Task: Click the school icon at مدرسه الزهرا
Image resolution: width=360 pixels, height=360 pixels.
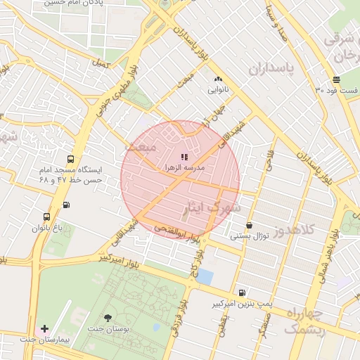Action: (x=184, y=157)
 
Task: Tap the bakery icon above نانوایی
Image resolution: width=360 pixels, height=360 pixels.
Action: (x=218, y=79)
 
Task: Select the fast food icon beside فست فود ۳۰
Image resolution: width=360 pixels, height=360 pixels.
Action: (x=336, y=79)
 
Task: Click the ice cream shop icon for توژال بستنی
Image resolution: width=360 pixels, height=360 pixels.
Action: (x=250, y=226)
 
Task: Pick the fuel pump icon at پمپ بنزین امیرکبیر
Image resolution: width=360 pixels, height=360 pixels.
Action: (x=242, y=292)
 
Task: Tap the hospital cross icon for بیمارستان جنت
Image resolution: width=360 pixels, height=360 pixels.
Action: (x=45, y=328)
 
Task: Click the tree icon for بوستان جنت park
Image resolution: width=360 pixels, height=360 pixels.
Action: (x=107, y=319)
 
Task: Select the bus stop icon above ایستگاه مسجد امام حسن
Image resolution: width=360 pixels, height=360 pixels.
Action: (x=70, y=159)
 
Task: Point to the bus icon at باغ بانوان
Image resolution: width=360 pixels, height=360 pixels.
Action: (x=46, y=217)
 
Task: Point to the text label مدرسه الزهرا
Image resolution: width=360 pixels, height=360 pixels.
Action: (x=184, y=169)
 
